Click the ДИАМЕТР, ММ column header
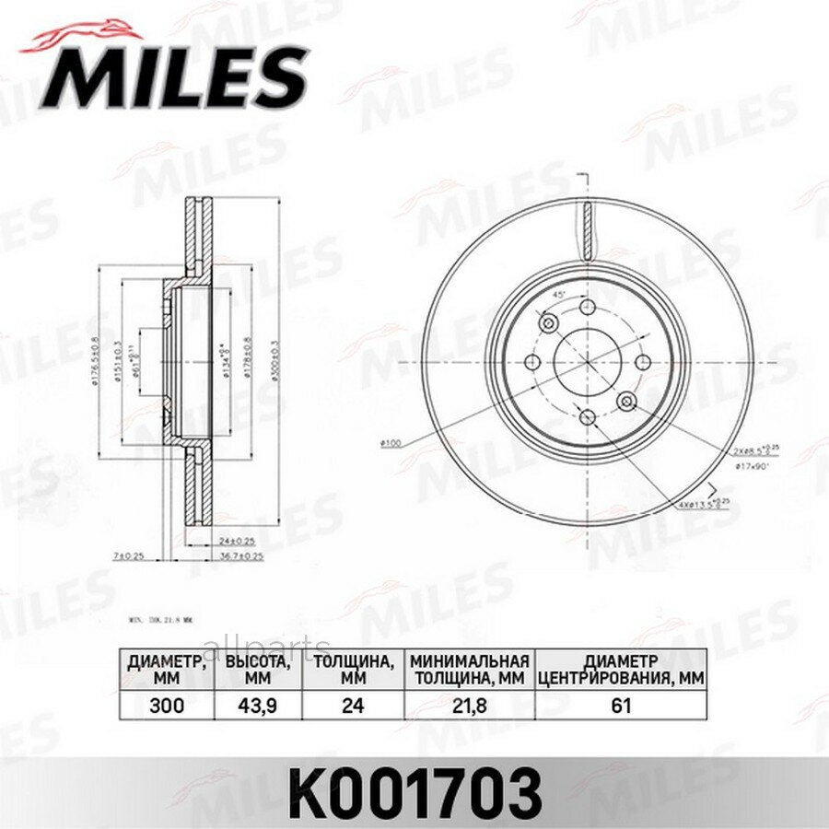click(166, 669)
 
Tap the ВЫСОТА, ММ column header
click(258, 669)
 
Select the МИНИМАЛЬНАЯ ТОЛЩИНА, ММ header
click(470, 669)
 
